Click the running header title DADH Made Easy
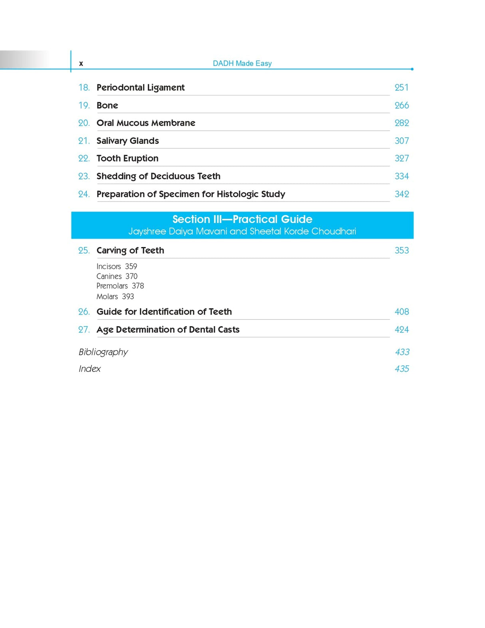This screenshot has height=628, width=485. coord(242,63)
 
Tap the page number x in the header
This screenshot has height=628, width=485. coord(81,64)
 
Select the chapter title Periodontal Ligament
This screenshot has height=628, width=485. coord(140,88)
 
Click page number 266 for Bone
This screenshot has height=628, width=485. coord(402,105)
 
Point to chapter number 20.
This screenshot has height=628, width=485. coord(84,123)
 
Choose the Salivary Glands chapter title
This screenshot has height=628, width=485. coord(127,141)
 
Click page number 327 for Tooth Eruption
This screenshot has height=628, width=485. coord(402,158)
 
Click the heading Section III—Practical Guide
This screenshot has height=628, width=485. coord(242,219)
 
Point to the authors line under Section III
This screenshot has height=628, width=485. coord(242,231)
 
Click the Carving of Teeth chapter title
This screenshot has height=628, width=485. coord(130,251)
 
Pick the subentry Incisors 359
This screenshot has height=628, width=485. coord(117,267)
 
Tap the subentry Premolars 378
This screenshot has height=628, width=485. coord(120,286)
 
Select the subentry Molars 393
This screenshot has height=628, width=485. coord(115,297)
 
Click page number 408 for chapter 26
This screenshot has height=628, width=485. coord(402,312)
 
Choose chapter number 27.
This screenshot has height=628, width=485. coord(84,330)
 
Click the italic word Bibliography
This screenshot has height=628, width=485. coord(103,352)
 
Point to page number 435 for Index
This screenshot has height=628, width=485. coord(402,369)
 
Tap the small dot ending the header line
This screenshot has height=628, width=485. coord(412,69)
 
